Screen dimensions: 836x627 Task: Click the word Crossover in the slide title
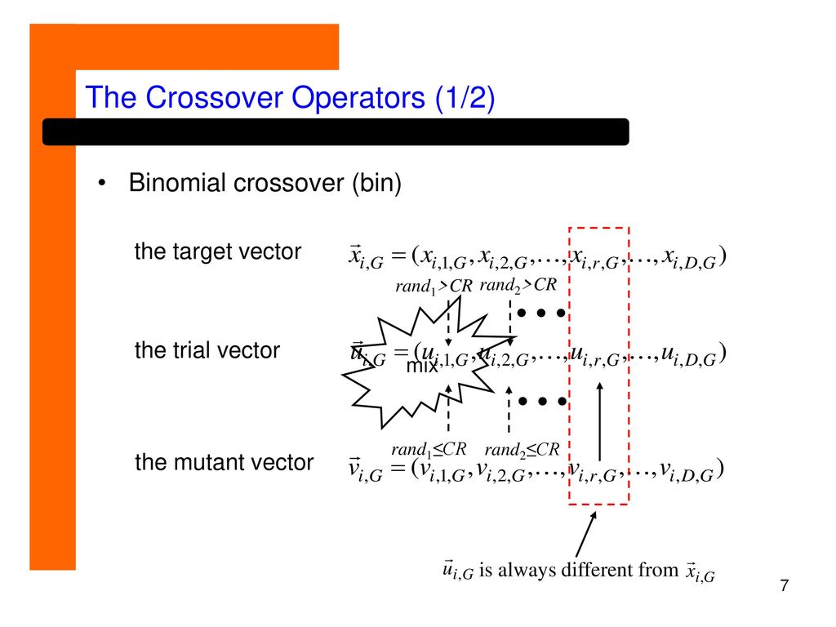coord(215,98)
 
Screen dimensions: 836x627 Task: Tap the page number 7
coord(785,585)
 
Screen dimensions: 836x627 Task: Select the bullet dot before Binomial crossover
coord(102,184)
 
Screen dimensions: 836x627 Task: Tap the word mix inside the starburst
coord(422,367)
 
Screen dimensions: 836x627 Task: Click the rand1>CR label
coord(434,287)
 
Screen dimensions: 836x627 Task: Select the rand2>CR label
coord(518,285)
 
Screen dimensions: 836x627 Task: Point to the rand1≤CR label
coord(429,450)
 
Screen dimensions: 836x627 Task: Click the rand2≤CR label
coord(522,451)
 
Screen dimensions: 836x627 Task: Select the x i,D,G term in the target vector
coord(689,259)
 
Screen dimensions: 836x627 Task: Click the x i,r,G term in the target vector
coord(595,259)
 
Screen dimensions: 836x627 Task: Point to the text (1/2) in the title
coord(465,98)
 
